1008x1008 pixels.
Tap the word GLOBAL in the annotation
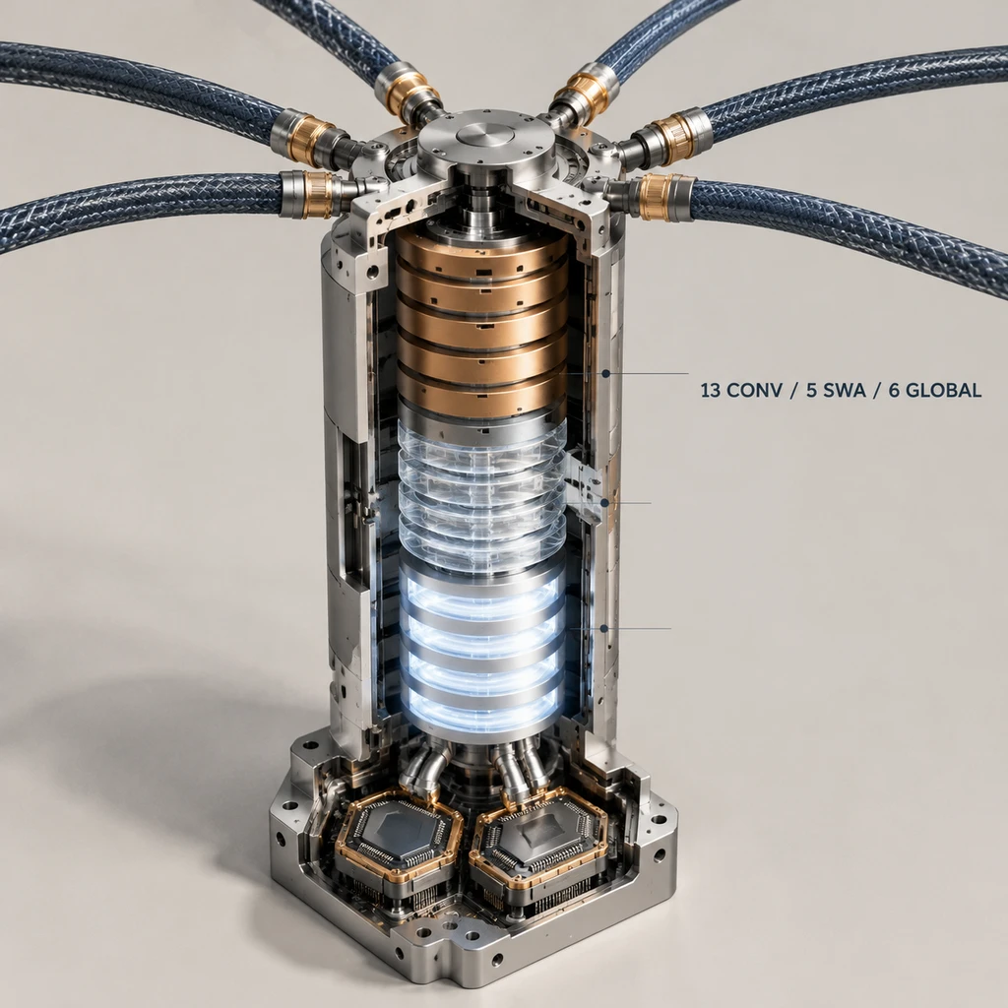point(945,390)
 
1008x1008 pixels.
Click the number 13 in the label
point(710,390)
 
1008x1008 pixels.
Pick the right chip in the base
point(538,836)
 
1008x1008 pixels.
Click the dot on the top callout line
point(605,373)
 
